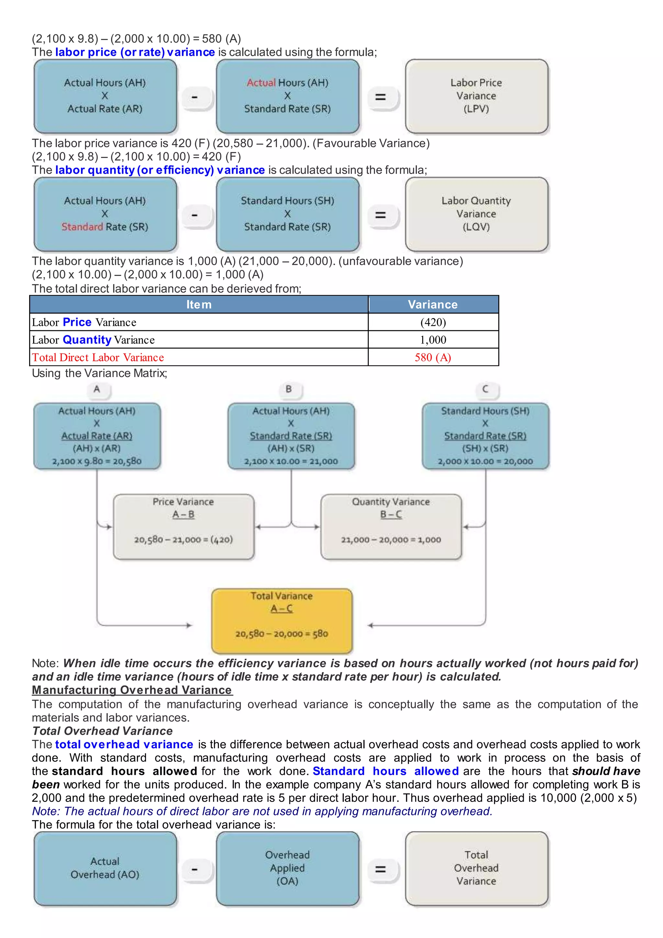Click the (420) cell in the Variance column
click(433, 322)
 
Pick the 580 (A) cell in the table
click(433, 358)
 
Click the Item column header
click(199, 305)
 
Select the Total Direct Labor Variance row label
click(98, 358)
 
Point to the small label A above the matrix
click(97, 389)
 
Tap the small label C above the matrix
click(485, 389)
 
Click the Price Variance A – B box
click(183, 526)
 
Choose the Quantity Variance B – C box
click(391, 526)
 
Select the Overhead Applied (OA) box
click(287, 868)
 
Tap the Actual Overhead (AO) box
click(105, 868)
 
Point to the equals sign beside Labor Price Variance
click(380, 97)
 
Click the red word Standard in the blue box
click(82, 227)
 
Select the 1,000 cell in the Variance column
click(433, 340)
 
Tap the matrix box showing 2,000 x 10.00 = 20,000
click(485, 436)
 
